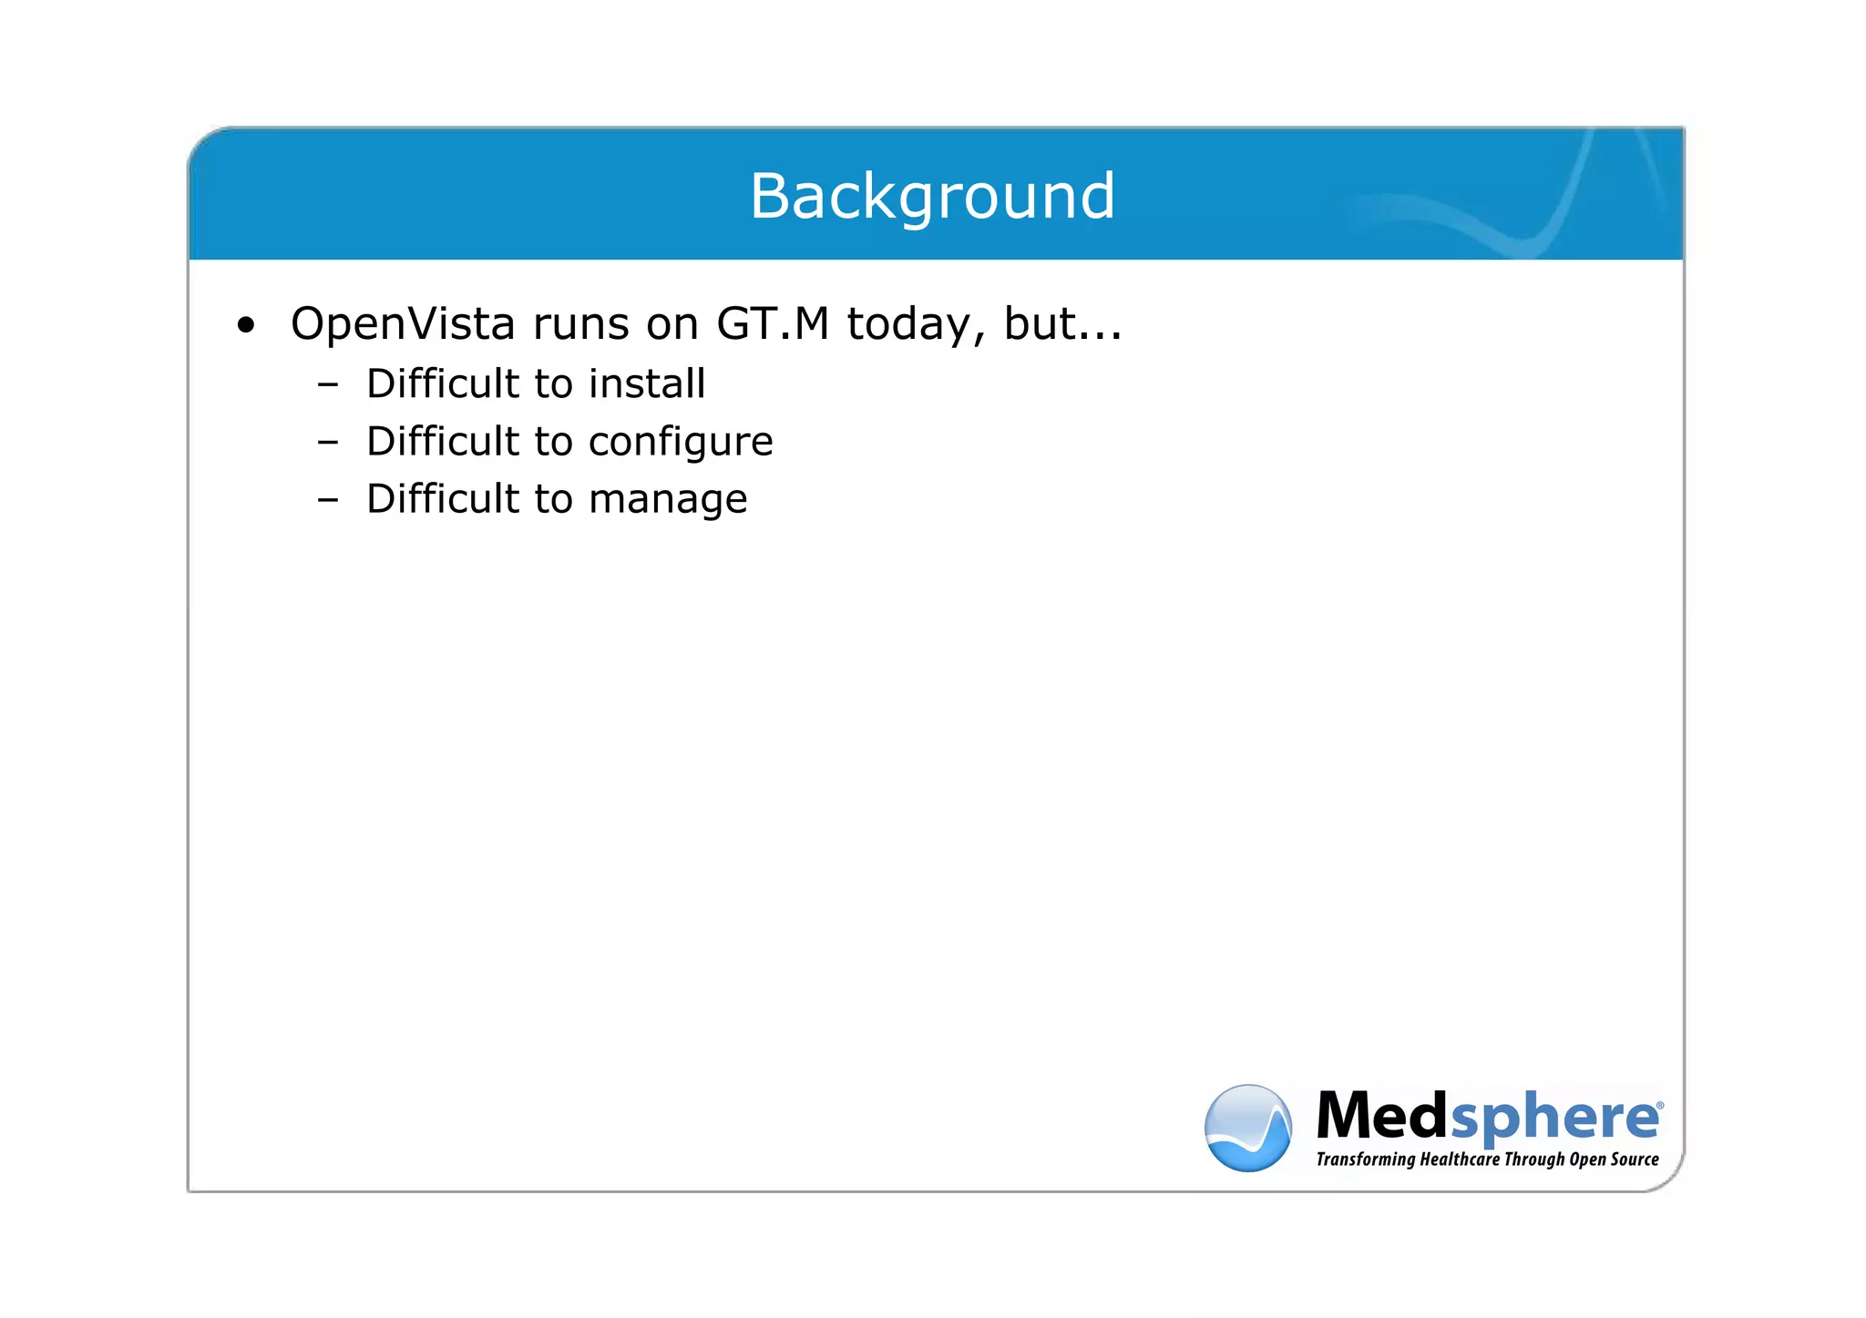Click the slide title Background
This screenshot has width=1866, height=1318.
click(x=932, y=196)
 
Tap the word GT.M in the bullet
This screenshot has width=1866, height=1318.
click(x=773, y=324)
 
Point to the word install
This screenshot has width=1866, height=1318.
click(x=647, y=383)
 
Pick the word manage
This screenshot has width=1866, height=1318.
click(x=668, y=500)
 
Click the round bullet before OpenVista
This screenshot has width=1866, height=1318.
click(x=245, y=325)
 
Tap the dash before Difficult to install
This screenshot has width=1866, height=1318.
click(x=328, y=385)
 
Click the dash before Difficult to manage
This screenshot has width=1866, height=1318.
click(x=328, y=501)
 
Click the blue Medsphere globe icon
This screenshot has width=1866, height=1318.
click(x=1247, y=1128)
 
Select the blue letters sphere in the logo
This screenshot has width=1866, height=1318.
click(x=1553, y=1119)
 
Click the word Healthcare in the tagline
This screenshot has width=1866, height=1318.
click(x=1460, y=1160)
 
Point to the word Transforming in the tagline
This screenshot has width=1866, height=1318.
click(x=1365, y=1160)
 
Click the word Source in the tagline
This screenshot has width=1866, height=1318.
click(x=1635, y=1160)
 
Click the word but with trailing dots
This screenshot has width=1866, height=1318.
click(x=1062, y=324)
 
